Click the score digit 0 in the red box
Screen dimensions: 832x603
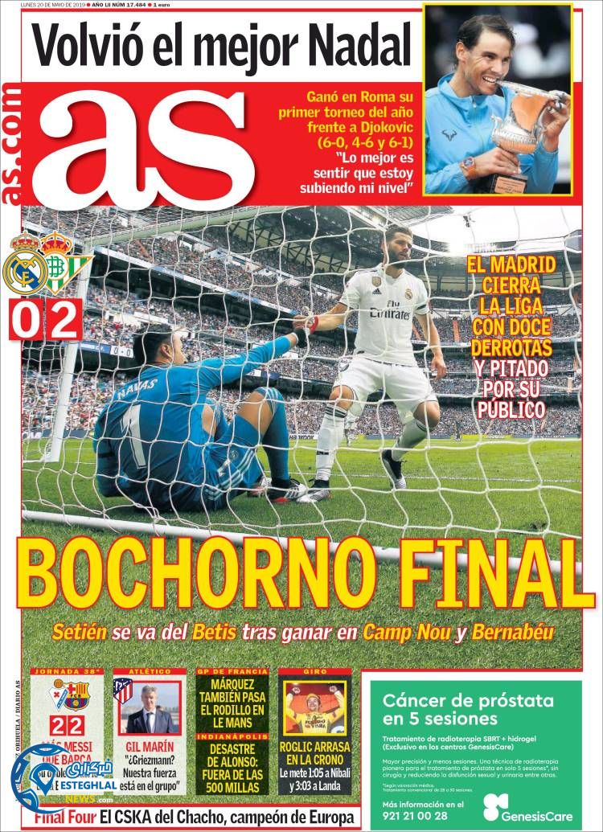tap(23, 321)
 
